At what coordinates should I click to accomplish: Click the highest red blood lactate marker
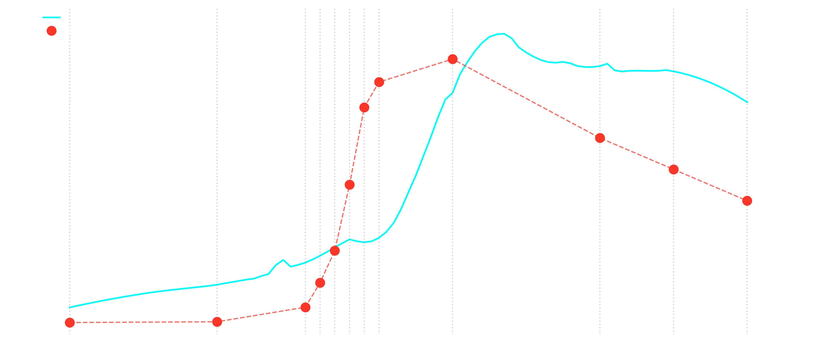point(452,59)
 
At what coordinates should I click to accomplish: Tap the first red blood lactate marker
point(70,323)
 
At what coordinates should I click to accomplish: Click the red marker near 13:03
point(600,138)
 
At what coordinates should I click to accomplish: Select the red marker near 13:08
point(673,170)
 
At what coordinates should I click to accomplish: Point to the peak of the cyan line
point(504,34)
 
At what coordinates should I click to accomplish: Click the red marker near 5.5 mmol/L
point(335,251)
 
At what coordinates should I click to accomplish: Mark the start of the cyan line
point(70,307)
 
